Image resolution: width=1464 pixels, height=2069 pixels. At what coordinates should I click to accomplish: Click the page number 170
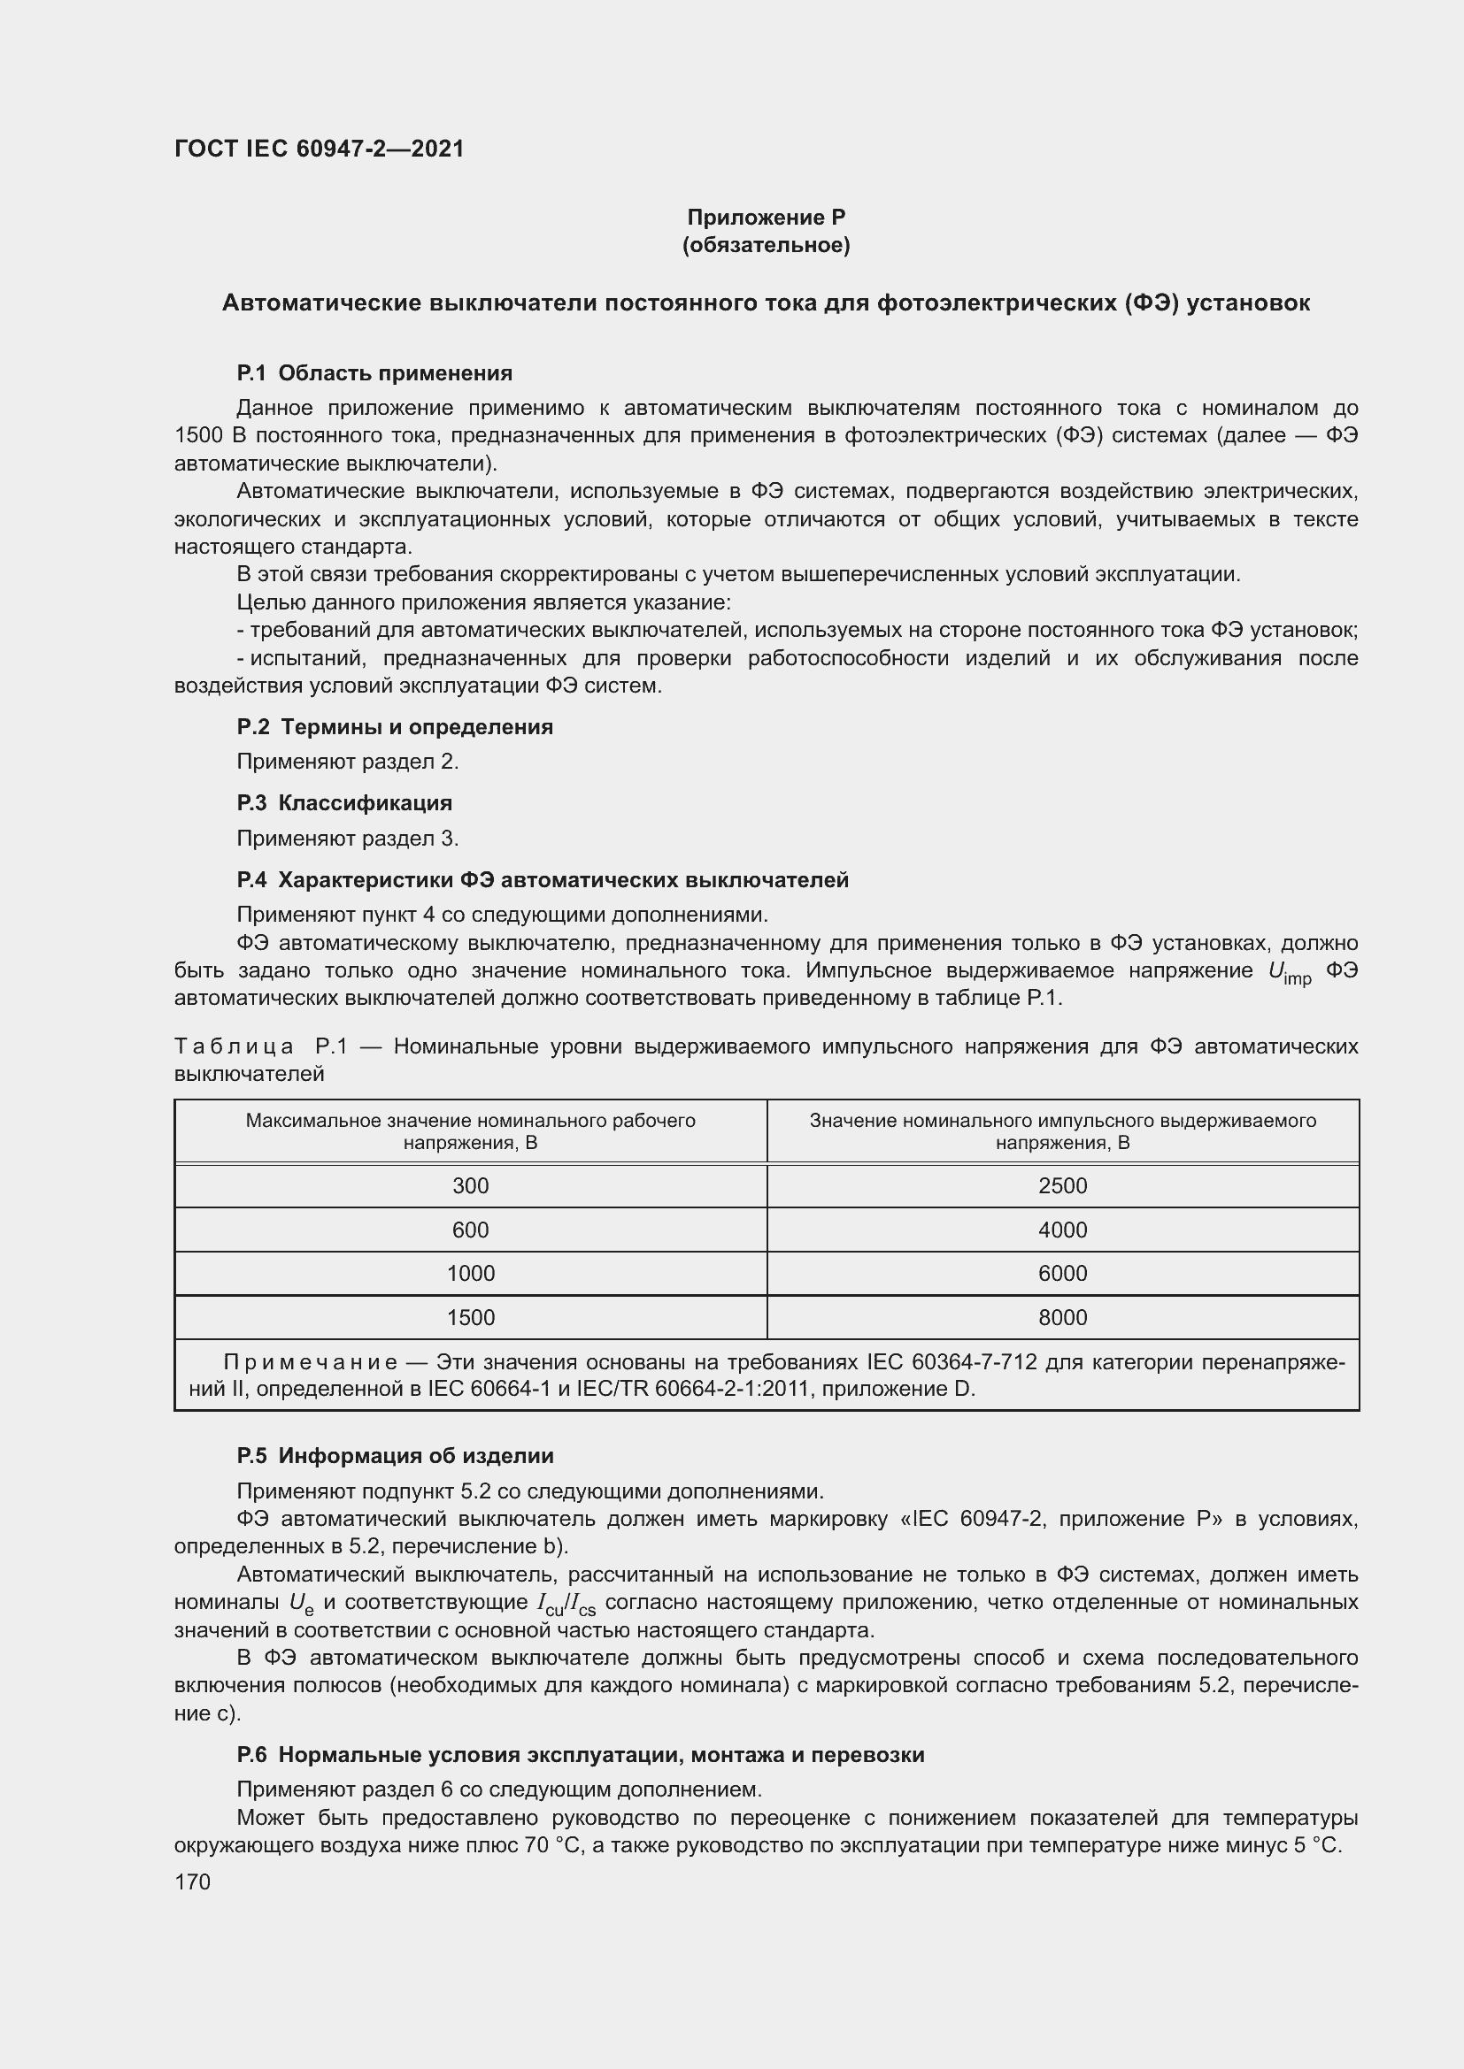tap(192, 1881)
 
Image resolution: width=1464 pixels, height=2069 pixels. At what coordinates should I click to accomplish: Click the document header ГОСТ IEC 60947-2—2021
tap(320, 149)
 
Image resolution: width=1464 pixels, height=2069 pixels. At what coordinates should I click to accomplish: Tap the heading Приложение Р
tap(766, 218)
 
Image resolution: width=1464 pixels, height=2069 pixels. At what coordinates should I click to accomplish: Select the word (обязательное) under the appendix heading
tap(766, 245)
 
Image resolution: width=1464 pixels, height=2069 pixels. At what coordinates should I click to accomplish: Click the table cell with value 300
tap(471, 1186)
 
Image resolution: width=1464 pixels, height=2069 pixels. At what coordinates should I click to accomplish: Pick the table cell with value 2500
tap(1062, 1186)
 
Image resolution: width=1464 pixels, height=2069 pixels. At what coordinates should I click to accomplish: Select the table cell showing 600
tap(471, 1230)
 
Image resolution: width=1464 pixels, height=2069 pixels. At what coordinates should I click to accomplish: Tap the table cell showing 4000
tap(1062, 1230)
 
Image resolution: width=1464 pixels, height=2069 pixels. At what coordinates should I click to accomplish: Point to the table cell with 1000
tap(471, 1273)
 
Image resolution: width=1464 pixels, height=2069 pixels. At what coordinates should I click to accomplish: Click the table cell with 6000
tap(1062, 1273)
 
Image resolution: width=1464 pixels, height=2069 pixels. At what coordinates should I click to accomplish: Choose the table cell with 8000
tap(1062, 1317)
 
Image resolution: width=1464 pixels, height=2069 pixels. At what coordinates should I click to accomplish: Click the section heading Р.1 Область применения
tap(374, 373)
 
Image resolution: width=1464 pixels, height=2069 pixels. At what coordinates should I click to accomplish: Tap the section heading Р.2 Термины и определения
tap(395, 726)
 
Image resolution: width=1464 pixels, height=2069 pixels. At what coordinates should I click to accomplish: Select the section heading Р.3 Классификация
tap(344, 803)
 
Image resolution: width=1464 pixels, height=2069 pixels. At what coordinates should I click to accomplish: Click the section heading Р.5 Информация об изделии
tap(395, 1455)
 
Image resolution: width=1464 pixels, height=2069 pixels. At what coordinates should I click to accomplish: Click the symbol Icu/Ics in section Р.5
tap(566, 1604)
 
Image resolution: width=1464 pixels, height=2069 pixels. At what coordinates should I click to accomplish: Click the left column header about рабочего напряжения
tap(471, 1131)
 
